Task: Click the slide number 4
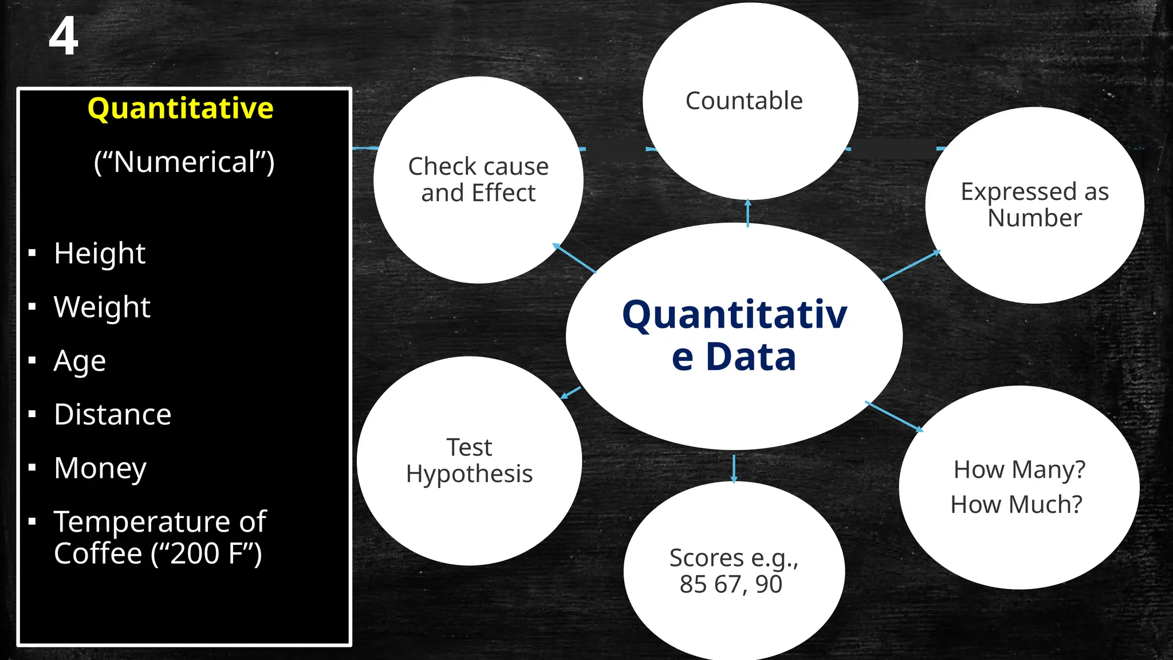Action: (63, 36)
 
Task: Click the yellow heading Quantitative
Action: (180, 108)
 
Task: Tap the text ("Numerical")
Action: (184, 162)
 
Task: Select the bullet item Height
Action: (100, 253)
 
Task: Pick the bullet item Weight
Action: (102, 307)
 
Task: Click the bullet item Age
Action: (80, 361)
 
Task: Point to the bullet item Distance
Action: (112, 414)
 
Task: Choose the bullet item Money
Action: (100, 468)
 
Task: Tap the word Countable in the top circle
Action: (744, 101)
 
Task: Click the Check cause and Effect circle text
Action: (478, 179)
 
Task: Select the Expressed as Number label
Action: (1034, 205)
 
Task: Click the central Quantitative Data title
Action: (734, 336)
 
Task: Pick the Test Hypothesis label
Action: (469, 461)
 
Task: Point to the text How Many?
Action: (1020, 470)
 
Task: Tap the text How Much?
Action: (1017, 505)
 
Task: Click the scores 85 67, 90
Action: (731, 584)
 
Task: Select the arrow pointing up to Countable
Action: (747, 213)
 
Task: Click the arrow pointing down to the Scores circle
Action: (734, 468)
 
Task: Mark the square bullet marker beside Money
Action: (32, 468)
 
